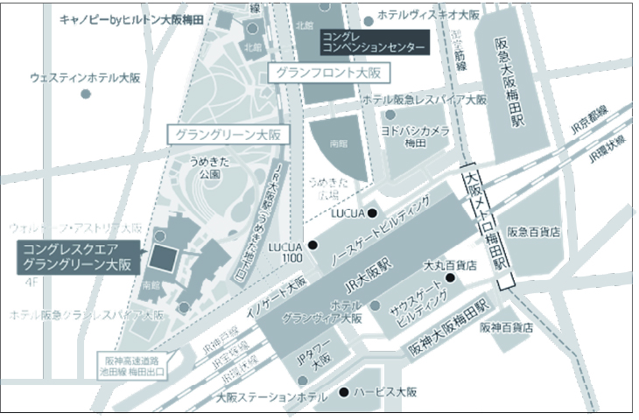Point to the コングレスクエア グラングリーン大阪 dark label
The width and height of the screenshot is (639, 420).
click(x=77, y=256)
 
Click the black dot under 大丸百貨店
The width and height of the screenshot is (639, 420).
click(x=451, y=277)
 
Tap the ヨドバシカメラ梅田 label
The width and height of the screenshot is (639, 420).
click(x=414, y=135)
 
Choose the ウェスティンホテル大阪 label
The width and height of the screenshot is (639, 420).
click(x=86, y=78)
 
